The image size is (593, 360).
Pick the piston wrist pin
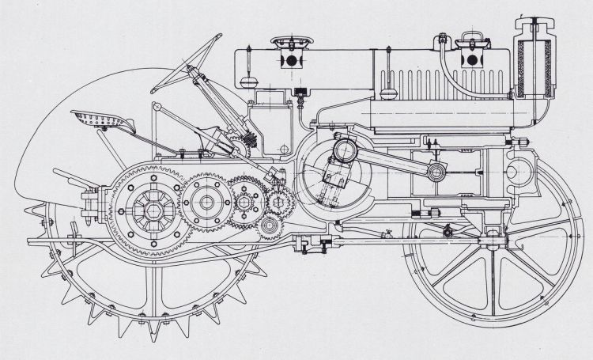click(436, 172)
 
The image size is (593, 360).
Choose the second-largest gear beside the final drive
click(207, 203)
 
